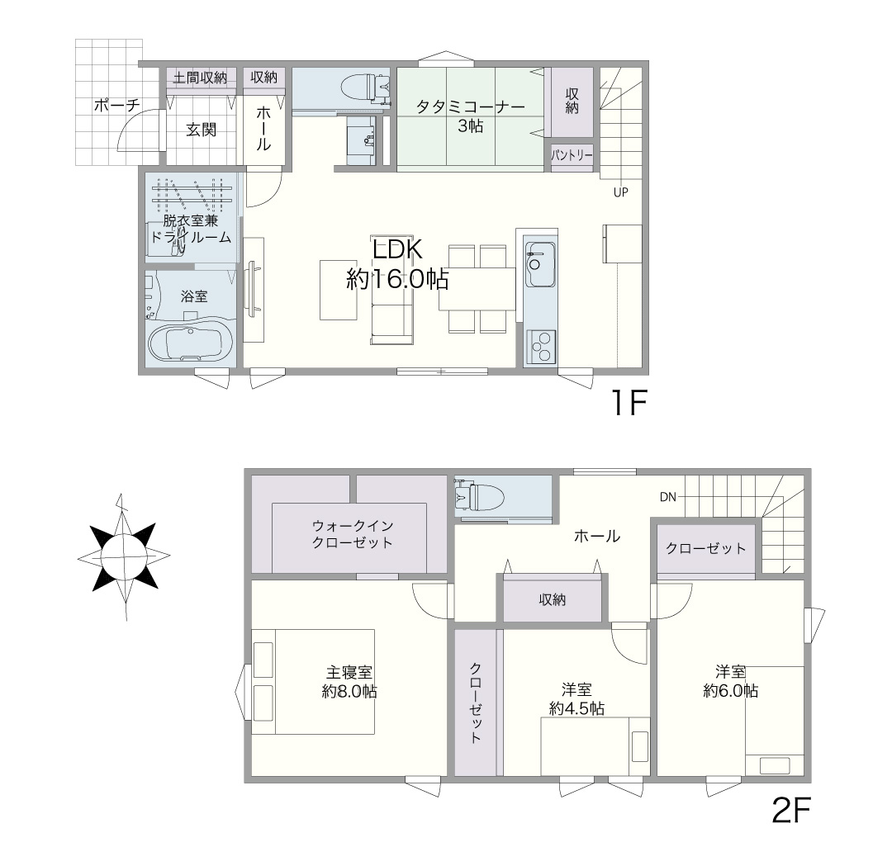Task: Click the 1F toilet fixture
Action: click(365, 88)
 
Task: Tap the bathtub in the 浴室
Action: click(185, 343)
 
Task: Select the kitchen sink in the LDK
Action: click(540, 264)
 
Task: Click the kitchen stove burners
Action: click(541, 346)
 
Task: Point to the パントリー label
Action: click(572, 154)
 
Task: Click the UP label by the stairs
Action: click(620, 192)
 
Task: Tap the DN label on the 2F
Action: click(668, 497)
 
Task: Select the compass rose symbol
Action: click(123, 557)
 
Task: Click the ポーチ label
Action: click(116, 105)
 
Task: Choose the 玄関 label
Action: click(202, 130)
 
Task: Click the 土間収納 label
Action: click(200, 78)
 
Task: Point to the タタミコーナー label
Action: click(471, 106)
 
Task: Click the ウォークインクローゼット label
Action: click(353, 534)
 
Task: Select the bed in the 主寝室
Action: click(313, 681)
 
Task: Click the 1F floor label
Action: click(629, 403)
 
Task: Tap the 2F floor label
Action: click(790, 810)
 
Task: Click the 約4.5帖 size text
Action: click(576, 708)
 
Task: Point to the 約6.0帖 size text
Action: click(731, 691)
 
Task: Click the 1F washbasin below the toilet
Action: click(361, 140)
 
